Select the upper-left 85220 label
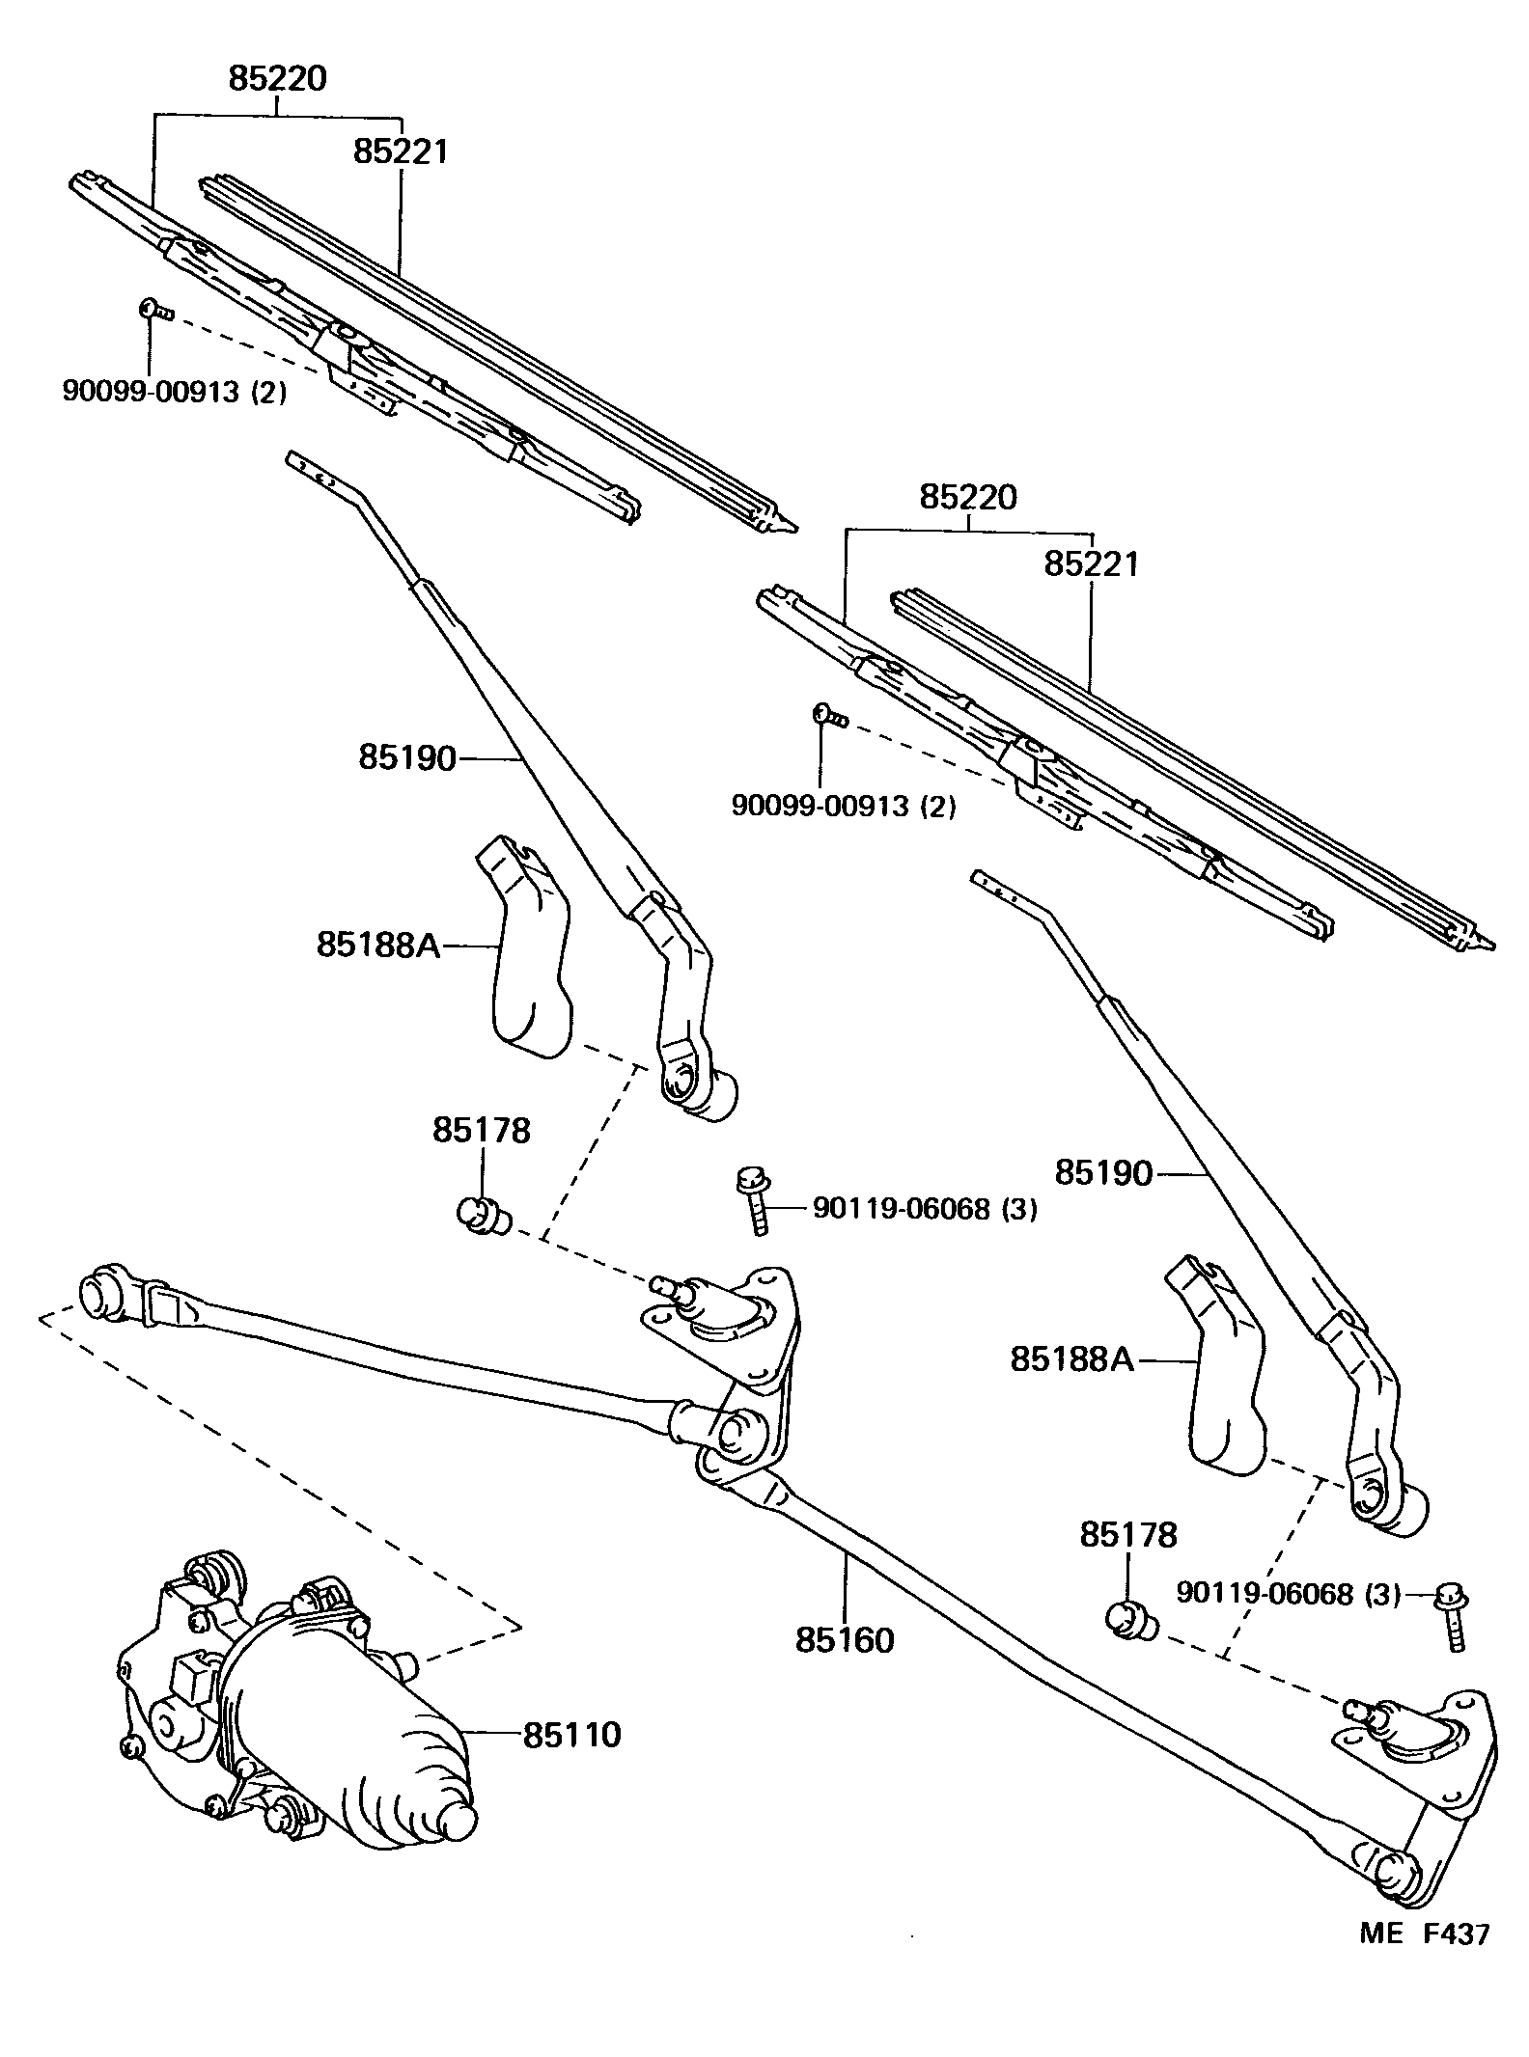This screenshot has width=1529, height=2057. [277, 79]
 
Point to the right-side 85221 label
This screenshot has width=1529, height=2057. [1091, 564]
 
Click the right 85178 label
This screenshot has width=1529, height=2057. [1127, 1534]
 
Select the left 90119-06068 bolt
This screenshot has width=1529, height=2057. [752, 1201]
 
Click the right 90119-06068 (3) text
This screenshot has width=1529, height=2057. [1288, 1594]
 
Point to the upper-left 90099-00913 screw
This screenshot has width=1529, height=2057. [153, 309]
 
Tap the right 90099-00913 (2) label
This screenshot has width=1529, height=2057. [843, 805]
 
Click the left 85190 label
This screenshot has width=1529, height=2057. [406, 757]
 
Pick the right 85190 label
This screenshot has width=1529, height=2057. [1103, 1173]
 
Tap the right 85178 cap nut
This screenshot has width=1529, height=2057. [1126, 1617]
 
